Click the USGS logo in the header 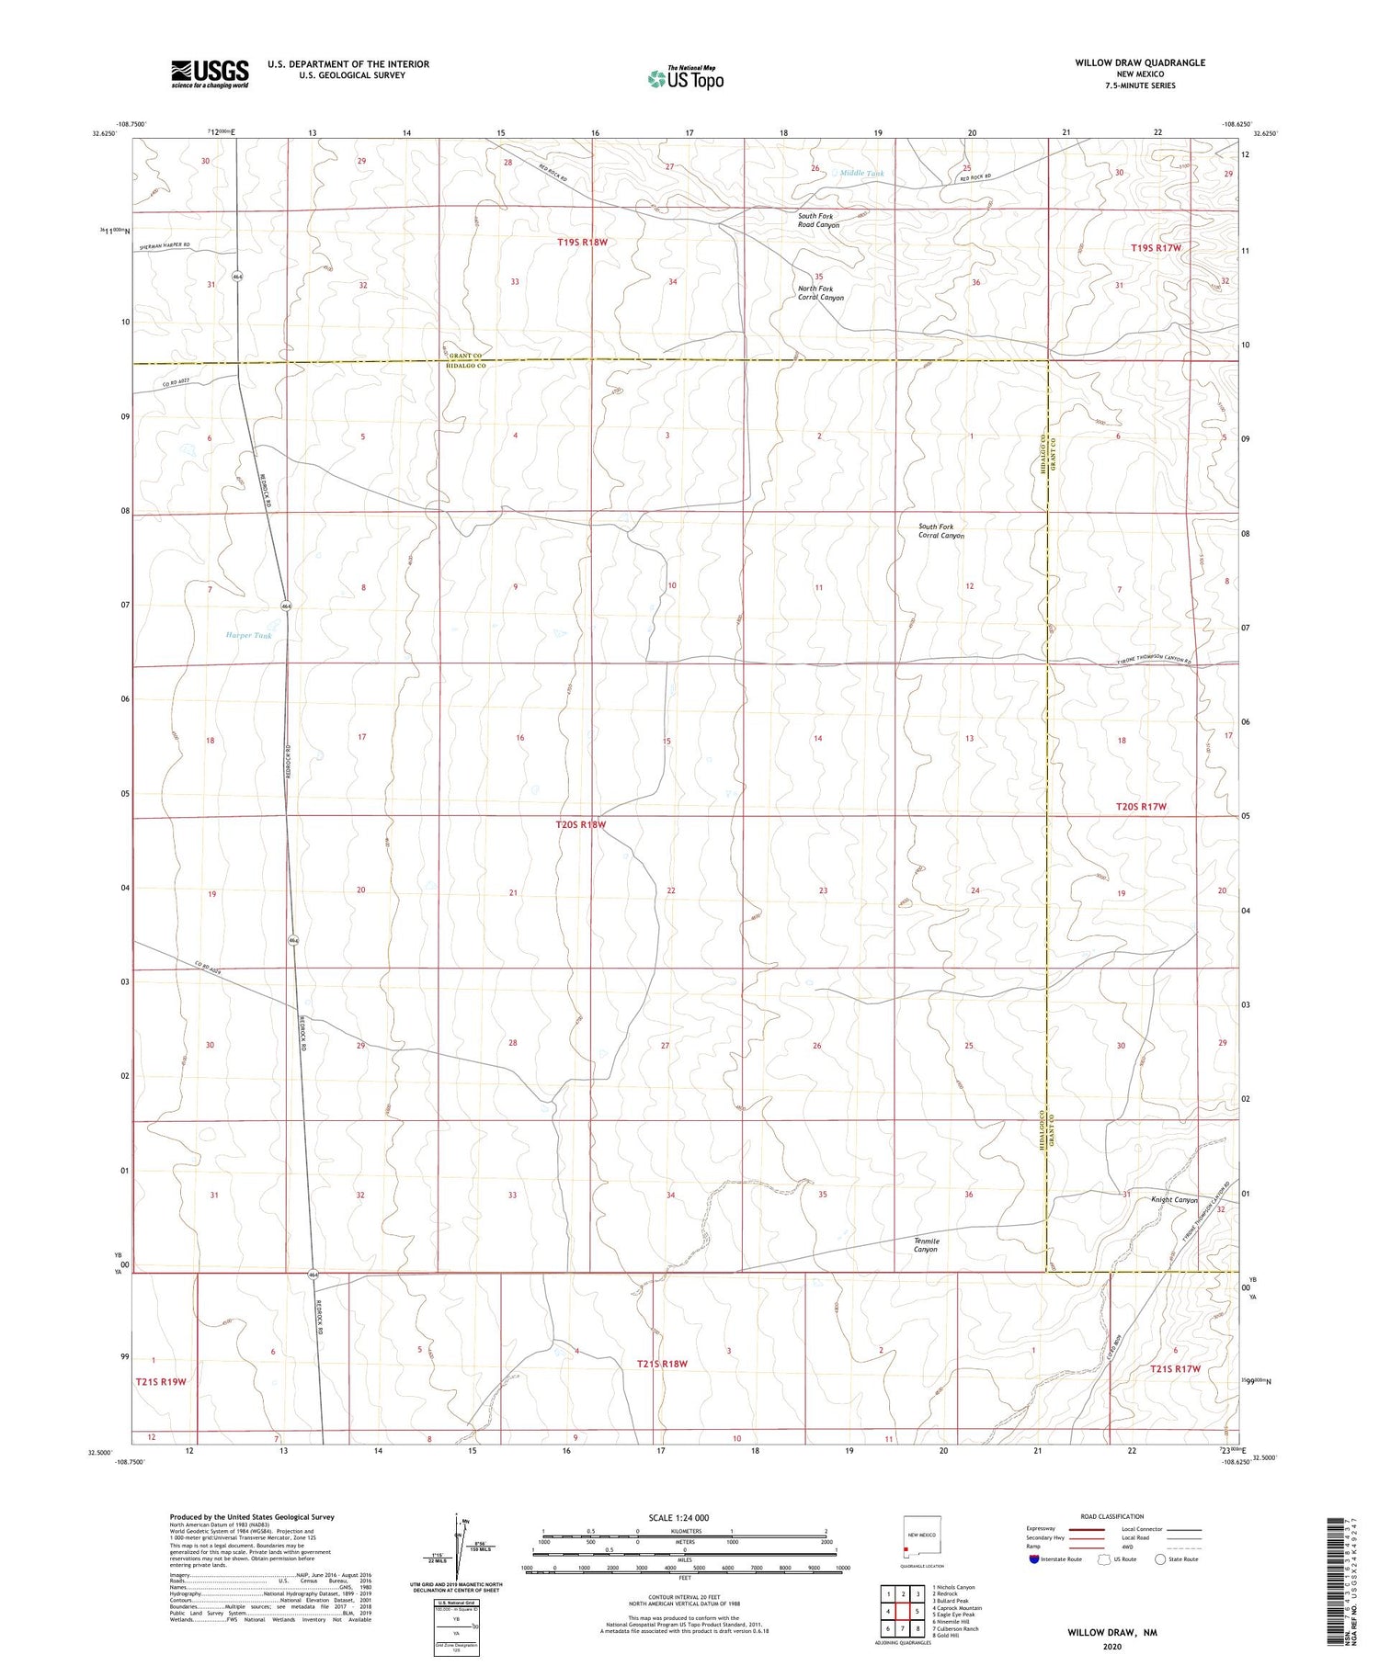pos(210,74)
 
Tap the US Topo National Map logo pos(685,78)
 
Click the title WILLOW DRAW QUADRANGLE pos(1140,62)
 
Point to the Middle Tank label pos(861,173)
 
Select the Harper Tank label pos(249,635)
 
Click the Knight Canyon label pos(1174,1199)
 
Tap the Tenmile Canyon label pos(926,1245)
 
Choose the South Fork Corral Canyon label pos(940,531)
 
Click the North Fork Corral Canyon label pos(820,293)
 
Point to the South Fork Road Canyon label pos(818,221)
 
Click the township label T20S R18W pos(581,824)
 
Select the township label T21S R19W pos(161,1381)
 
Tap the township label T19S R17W pos(1155,248)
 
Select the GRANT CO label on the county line pos(465,356)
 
